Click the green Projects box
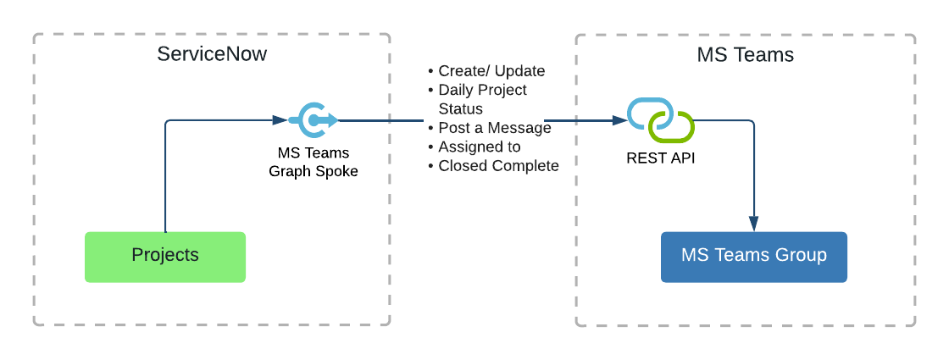[x=165, y=257]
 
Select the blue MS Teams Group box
[x=753, y=257]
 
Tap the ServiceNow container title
[x=212, y=54]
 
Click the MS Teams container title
[x=745, y=55]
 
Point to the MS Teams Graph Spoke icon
[x=313, y=120]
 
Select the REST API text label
[x=660, y=158]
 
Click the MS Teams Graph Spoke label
[x=313, y=163]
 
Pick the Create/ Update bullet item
[x=491, y=71]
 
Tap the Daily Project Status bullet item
[x=482, y=99]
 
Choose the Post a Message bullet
[x=494, y=128]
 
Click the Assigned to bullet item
[x=479, y=147]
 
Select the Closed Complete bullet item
[x=498, y=166]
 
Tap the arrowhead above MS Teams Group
[x=753, y=224]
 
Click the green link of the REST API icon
[x=672, y=128]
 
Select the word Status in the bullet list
[x=460, y=108]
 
